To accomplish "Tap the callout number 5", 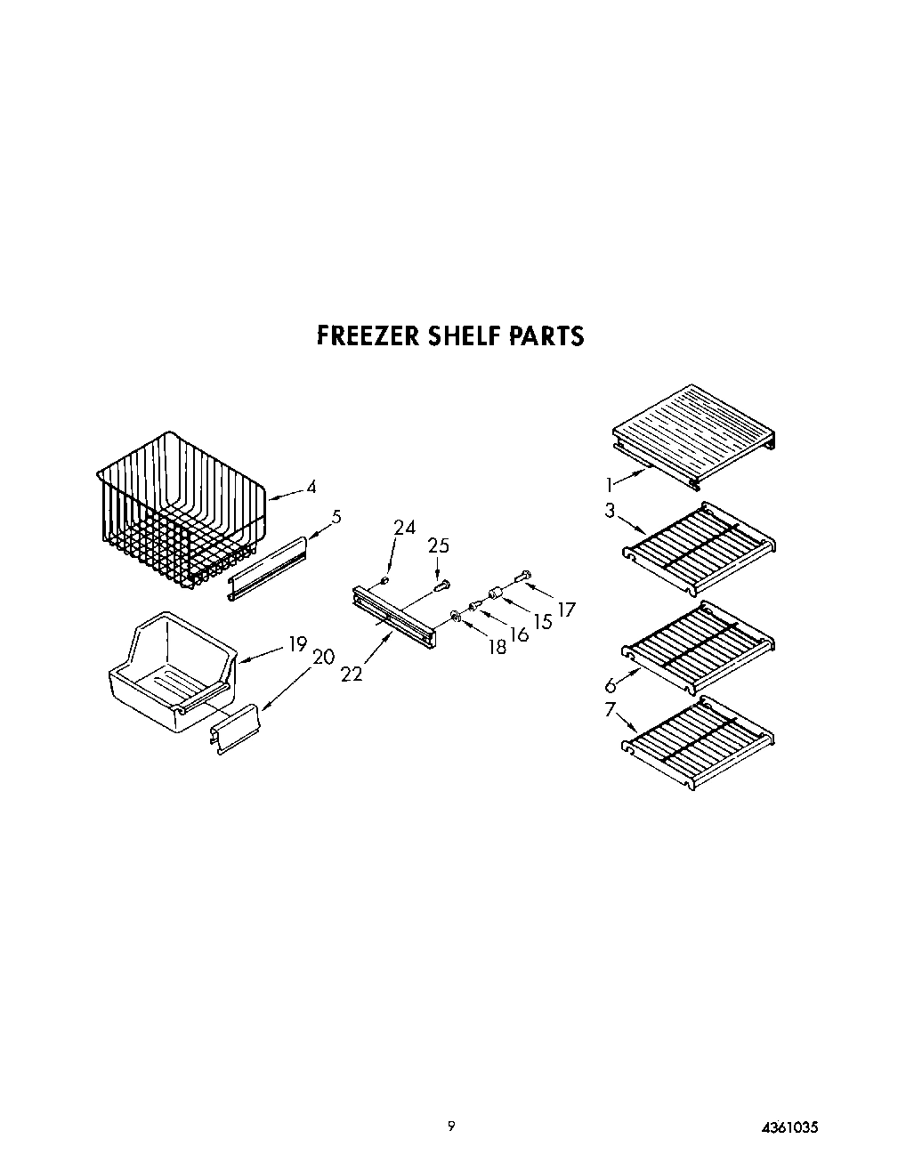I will (336, 516).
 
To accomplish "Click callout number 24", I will (404, 528).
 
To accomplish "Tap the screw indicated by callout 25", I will (441, 585).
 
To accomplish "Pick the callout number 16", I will (520, 634).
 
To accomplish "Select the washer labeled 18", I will (456, 616).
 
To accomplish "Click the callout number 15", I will (543, 621).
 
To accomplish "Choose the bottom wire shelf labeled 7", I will (699, 739).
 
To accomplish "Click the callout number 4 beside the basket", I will (311, 487).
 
